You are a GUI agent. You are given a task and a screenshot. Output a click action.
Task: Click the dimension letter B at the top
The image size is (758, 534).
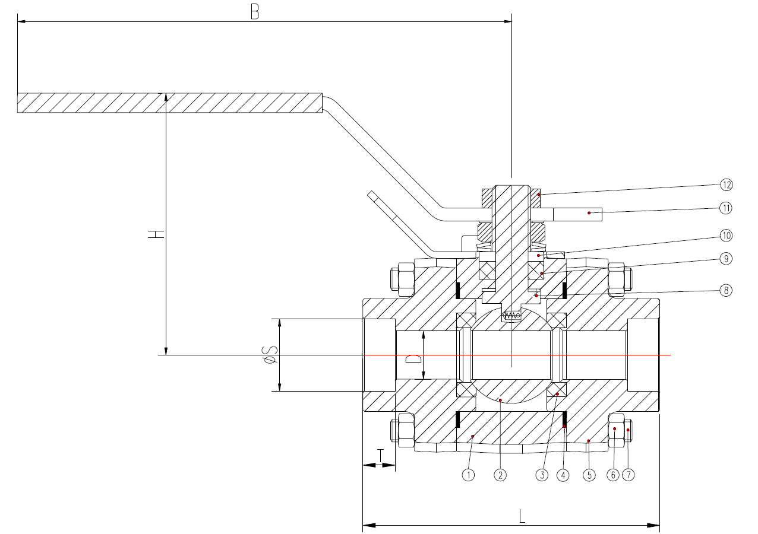pyautogui.click(x=255, y=12)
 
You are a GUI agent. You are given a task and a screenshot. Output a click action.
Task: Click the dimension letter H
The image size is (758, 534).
pyautogui.click(x=156, y=234)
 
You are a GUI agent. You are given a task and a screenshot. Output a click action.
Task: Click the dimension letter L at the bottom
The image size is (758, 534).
pyautogui.click(x=522, y=516)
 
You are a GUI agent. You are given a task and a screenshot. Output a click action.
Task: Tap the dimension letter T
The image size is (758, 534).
pyautogui.click(x=381, y=456)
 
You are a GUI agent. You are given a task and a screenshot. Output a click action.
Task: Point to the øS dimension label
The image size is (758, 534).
pyautogui.click(x=271, y=355)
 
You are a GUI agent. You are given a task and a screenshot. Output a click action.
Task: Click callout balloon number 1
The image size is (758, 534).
pyautogui.click(x=468, y=475)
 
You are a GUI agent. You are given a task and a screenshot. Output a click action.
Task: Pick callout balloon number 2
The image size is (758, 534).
pyautogui.click(x=500, y=475)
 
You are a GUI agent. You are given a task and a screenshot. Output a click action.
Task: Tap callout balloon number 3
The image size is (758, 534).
pyautogui.click(x=542, y=475)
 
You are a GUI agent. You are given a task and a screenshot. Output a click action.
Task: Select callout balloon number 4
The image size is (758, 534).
pyautogui.click(x=563, y=475)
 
